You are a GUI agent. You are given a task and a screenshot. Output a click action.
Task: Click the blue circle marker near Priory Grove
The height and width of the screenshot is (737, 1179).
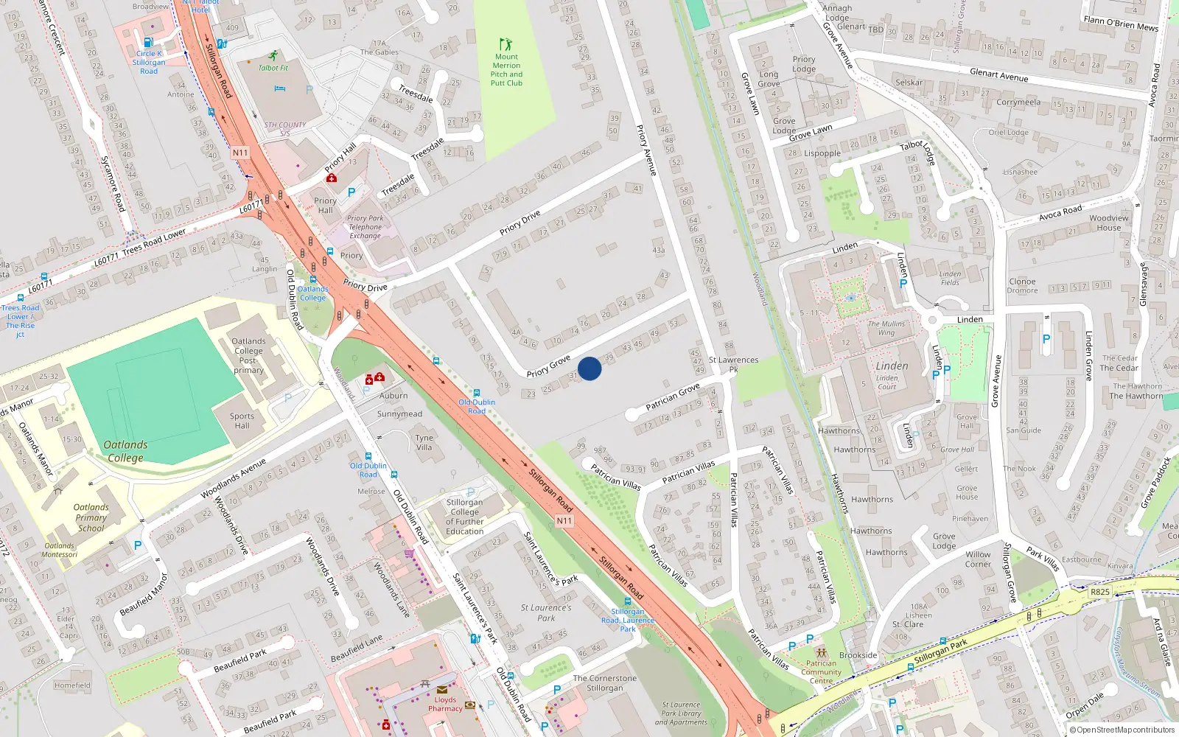point(589,368)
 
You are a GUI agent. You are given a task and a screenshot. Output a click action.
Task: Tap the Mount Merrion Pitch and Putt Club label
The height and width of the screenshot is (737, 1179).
point(506,69)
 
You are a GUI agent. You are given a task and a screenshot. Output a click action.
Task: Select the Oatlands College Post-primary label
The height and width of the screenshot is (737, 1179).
point(248,355)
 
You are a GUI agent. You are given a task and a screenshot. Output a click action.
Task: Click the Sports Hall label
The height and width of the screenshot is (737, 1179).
point(242,421)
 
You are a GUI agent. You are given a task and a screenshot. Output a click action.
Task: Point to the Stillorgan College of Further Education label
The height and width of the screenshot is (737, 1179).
point(464,517)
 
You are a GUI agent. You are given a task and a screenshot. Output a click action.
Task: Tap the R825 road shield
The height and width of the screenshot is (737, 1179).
point(1099,592)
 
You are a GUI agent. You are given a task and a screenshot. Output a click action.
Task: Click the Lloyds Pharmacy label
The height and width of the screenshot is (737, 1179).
point(445,704)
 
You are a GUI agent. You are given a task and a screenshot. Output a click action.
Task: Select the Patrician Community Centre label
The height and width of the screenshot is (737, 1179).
point(821,671)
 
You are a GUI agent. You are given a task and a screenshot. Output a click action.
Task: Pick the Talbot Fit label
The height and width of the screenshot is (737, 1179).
point(273,68)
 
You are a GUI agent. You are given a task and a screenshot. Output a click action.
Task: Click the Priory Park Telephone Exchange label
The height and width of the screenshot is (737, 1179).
point(365,227)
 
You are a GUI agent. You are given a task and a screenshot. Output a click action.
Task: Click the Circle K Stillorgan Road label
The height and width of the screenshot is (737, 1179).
point(149,62)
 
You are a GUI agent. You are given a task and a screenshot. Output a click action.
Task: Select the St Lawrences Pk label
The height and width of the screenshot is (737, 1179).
point(733,364)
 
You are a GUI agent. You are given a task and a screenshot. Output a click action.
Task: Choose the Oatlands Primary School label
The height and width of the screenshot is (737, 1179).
point(91,517)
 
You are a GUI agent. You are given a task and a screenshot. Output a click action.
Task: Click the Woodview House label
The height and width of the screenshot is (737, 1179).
point(1108,223)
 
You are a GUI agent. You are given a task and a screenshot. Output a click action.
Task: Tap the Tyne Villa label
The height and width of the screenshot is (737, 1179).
point(424,442)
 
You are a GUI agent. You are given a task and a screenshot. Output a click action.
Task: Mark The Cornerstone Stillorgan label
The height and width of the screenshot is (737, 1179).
point(604,683)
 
